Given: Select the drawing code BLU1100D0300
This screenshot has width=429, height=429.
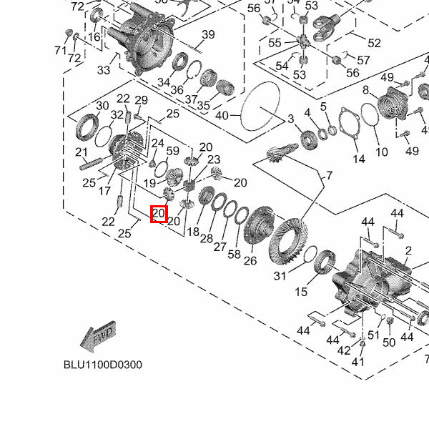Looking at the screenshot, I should [x=102, y=365].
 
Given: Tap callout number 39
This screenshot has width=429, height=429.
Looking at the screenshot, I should [x=208, y=35].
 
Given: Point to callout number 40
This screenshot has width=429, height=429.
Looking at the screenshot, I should [x=222, y=115].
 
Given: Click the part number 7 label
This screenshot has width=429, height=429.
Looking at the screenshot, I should [x=329, y=175].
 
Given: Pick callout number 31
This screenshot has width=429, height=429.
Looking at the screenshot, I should [x=280, y=276].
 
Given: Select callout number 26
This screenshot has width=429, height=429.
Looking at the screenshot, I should [x=250, y=261].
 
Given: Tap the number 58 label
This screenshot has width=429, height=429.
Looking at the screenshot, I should [x=235, y=255].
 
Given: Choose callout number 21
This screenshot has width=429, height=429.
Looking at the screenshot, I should [x=82, y=152].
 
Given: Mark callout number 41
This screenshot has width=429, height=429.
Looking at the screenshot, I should [x=357, y=362].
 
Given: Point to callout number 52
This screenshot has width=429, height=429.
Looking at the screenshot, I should [x=374, y=44].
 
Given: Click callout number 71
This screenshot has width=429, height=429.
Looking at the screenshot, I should [x=60, y=50].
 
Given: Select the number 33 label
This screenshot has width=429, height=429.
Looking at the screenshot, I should [x=104, y=70].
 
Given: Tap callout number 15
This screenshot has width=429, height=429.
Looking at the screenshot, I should [x=301, y=292].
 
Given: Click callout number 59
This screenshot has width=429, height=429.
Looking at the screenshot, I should [x=172, y=151].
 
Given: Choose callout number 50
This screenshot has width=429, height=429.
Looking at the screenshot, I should [x=389, y=342].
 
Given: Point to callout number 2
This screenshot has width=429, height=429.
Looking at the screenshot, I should [x=408, y=251].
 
